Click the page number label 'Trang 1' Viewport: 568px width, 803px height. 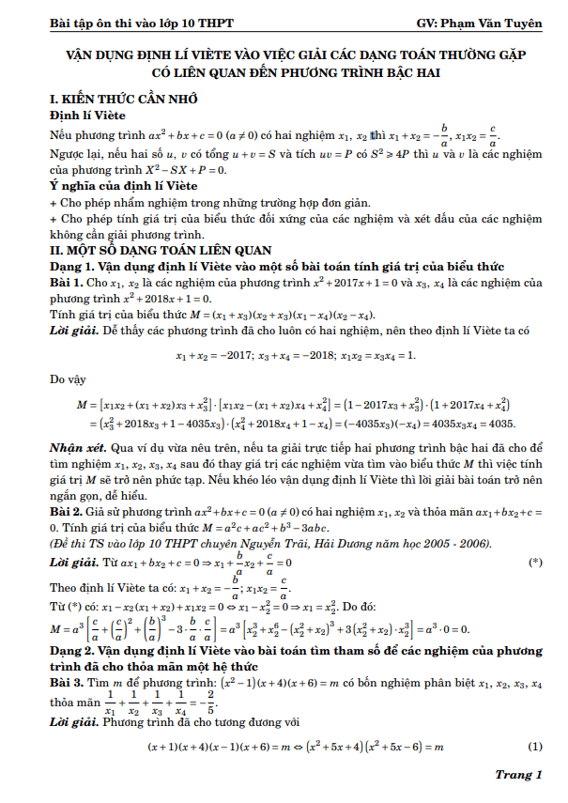coord(519,775)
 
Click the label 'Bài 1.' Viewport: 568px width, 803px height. coord(68,282)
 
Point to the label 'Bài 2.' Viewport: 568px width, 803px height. coord(68,511)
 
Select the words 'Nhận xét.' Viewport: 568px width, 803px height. coord(77,449)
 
